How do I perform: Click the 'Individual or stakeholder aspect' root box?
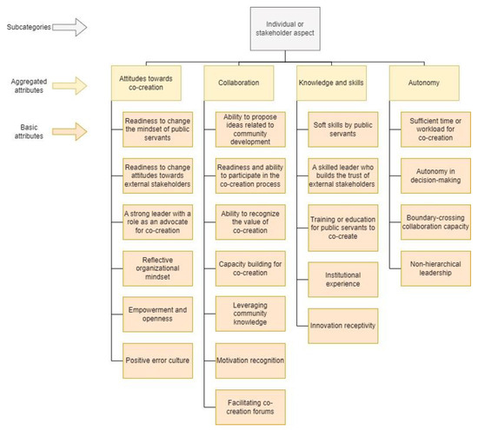[285, 29]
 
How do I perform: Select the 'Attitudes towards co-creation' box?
[146, 83]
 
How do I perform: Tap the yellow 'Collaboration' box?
[239, 83]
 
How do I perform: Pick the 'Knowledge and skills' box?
[331, 83]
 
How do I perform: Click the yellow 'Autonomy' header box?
[424, 83]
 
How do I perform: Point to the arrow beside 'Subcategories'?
[70, 27]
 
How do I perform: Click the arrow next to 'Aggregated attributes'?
[70, 86]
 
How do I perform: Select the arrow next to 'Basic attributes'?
[70, 132]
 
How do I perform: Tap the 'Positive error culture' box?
[157, 361]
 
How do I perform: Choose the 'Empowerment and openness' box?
[157, 314]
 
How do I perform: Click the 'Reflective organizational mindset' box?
[157, 268]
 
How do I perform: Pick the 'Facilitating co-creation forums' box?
[250, 407]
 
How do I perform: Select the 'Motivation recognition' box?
[250, 361]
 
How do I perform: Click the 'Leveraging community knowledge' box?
[250, 314]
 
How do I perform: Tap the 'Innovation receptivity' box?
[343, 326]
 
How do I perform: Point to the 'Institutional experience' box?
[343, 280]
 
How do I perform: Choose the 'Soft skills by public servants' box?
[343, 129]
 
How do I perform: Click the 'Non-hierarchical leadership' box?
[435, 268]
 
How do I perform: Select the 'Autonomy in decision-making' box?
[435, 175]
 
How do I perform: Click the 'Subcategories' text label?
[29, 27]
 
